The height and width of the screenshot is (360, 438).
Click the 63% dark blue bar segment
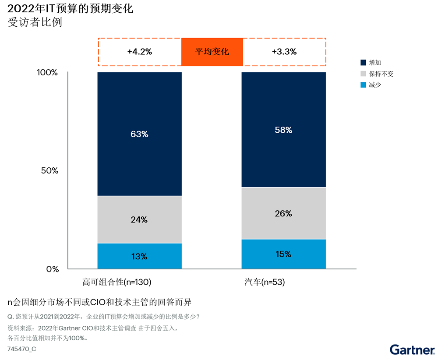coord(139,134)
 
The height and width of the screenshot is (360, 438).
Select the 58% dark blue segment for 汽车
coord(283,130)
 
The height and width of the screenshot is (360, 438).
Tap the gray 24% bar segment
coord(139,219)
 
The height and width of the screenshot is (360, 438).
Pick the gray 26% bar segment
coord(283,213)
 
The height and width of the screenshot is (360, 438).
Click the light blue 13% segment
coord(139,256)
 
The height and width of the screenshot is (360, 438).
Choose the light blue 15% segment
coord(283,254)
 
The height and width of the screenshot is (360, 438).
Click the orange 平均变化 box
coord(212,52)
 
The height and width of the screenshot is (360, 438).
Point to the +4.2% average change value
coord(139,52)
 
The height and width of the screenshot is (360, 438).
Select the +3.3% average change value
coord(284,52)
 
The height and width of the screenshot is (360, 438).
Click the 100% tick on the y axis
coord(47,73)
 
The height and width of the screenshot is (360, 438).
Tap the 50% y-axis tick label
coord(50,171)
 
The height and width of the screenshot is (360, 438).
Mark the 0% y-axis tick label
coord(53,269)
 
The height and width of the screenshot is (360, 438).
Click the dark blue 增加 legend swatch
coord(363,63)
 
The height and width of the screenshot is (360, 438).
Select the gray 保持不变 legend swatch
coord(363,74)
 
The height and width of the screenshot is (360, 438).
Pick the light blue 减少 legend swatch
coord(363,85)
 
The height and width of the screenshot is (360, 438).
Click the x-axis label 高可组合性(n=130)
coord(117,282)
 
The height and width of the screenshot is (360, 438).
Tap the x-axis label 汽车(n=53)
coord(265,282)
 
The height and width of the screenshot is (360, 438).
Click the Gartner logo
coord(412,349)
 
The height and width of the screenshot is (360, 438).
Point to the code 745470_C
coord(22,349)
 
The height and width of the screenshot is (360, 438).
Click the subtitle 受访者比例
coord(35,22)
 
